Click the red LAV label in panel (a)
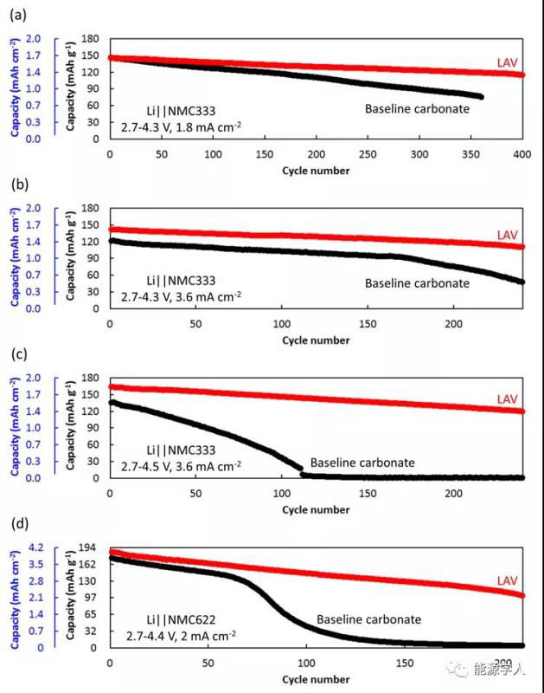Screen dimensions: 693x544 coord(508,62)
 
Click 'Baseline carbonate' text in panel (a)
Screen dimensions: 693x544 coord(417,109)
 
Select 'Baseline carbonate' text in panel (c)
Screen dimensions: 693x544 coord(362,463)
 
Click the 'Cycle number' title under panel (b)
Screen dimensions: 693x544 coord(316,340)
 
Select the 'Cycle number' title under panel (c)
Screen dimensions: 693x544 coord(316,510)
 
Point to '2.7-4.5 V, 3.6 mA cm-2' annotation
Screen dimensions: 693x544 coord(181,466)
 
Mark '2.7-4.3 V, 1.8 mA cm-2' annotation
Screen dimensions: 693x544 coord(181,126)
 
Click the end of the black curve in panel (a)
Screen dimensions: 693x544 coord(480,96)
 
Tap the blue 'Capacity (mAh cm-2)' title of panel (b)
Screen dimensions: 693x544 coord(16,257)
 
